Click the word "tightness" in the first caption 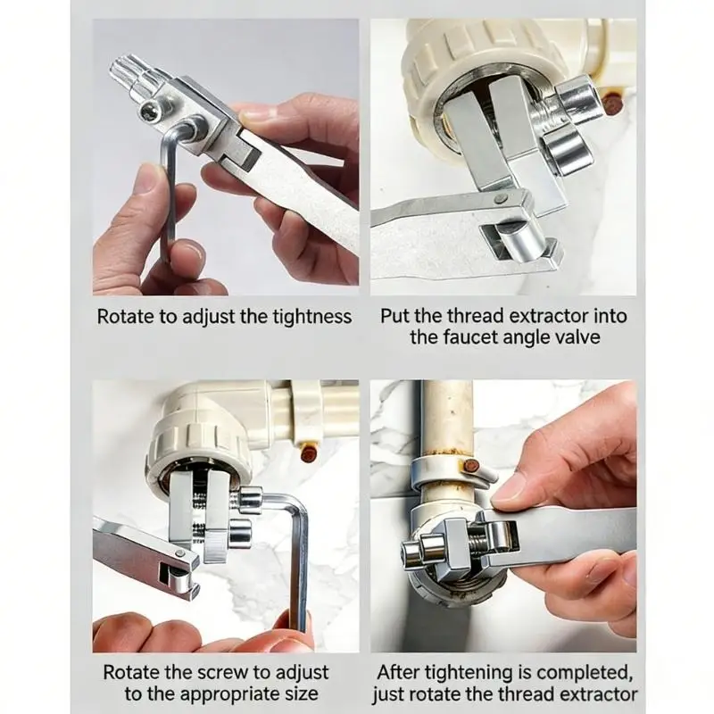(311, 317)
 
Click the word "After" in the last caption (398, 672)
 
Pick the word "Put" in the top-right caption (395, 316)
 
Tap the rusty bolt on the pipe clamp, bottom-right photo (470, 466)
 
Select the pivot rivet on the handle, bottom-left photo (179, 554)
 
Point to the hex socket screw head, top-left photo (150, 111)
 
